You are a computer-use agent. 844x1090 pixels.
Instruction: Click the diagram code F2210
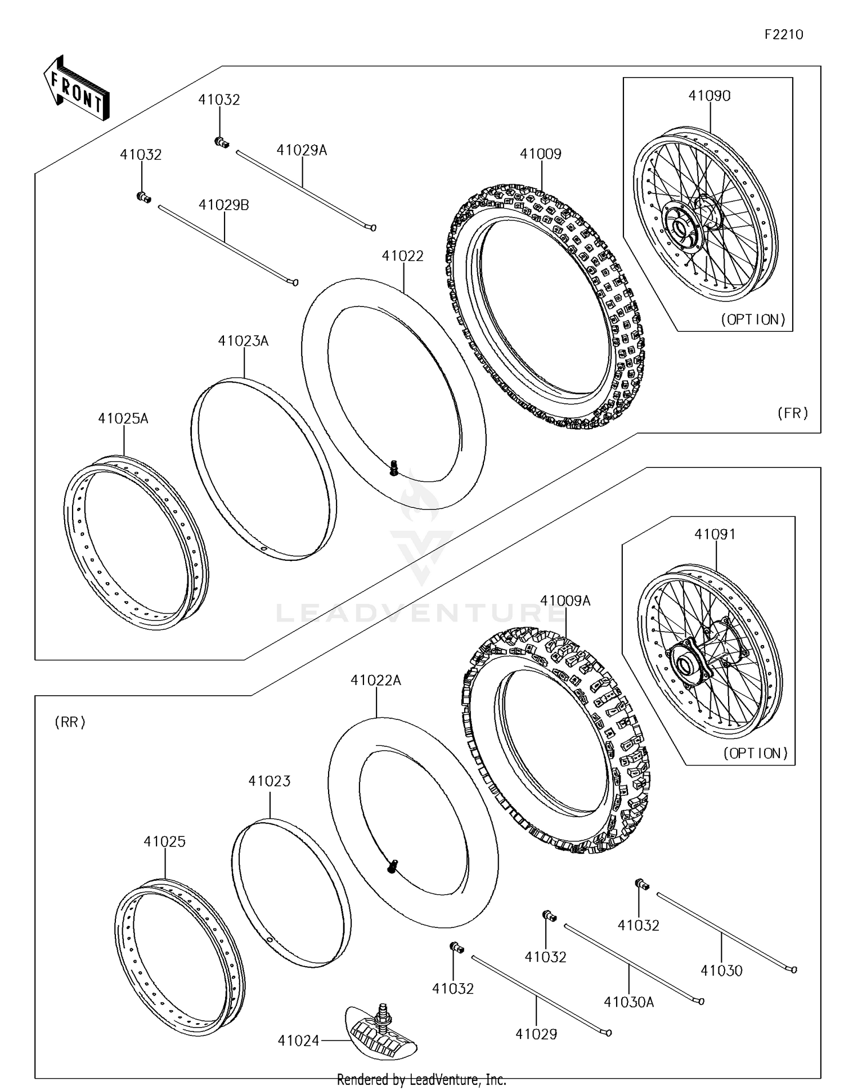tap(783, 35)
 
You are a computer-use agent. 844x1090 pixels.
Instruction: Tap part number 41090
tap(710, 96)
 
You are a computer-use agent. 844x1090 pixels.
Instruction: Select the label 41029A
tap(302, 150)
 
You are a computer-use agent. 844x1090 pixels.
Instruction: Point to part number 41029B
tap(223, 205)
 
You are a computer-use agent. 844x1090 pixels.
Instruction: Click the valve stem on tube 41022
tap(394, 467)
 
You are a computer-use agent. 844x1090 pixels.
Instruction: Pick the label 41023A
tap(243, 341)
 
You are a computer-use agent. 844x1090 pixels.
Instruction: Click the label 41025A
tap(123, 418)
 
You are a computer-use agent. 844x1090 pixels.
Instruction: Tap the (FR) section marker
tap(792, 413)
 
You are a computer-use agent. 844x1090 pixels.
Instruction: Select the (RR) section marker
tap(70, 722)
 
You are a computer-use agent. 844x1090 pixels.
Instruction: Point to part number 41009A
tap(565, 601)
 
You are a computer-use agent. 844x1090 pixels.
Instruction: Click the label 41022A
tap(376, 681)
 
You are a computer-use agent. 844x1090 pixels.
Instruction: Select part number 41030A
tap(628, 1002)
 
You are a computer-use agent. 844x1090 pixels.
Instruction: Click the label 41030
tap(721, 971)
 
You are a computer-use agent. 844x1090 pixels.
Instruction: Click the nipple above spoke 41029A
tap(221, 142)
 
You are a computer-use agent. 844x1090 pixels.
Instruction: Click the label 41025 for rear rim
tap(164, 842)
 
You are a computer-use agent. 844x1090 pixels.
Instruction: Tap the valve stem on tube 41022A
tap(393, 867)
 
